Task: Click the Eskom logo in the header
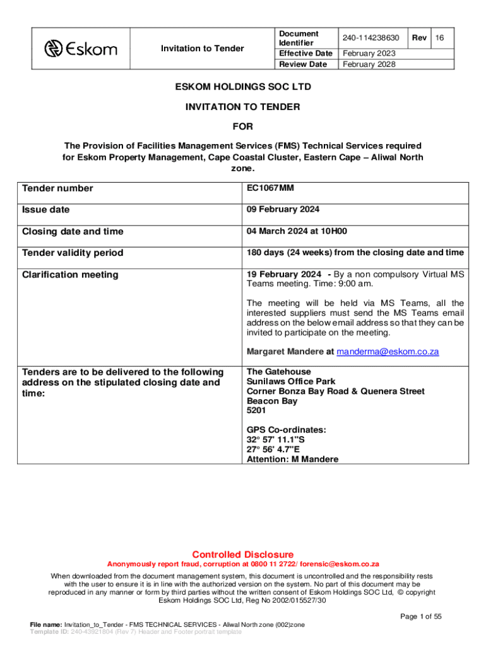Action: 80,48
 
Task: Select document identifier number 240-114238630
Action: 371,39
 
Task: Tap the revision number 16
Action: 440,39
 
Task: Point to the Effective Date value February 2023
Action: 369,54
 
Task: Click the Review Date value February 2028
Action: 369,64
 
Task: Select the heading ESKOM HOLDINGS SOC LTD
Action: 243,86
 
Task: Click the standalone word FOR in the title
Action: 242,126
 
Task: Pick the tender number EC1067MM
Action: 270,188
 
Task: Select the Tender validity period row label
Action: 73,253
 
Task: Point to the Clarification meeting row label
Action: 70,274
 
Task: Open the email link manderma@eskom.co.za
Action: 388,352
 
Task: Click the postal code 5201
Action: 257,411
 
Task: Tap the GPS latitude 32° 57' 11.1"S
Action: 276,440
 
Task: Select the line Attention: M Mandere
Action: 292,459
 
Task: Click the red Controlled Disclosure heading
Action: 243,554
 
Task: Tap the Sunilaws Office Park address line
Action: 291,382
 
